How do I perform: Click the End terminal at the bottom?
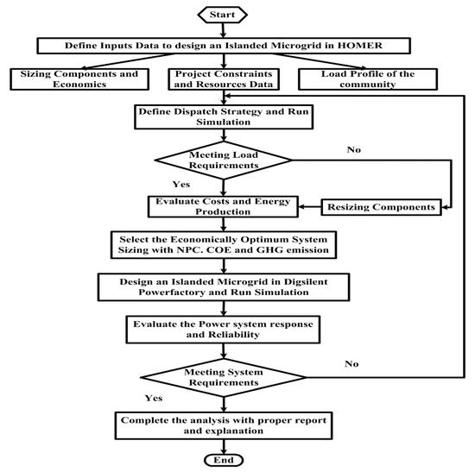(x=224, y=459)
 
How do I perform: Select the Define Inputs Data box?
(x=224, y=45)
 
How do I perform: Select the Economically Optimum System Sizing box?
(x=224, y=244)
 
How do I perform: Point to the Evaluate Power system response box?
(x=224, y=328)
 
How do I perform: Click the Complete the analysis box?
(x=224, y=425)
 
